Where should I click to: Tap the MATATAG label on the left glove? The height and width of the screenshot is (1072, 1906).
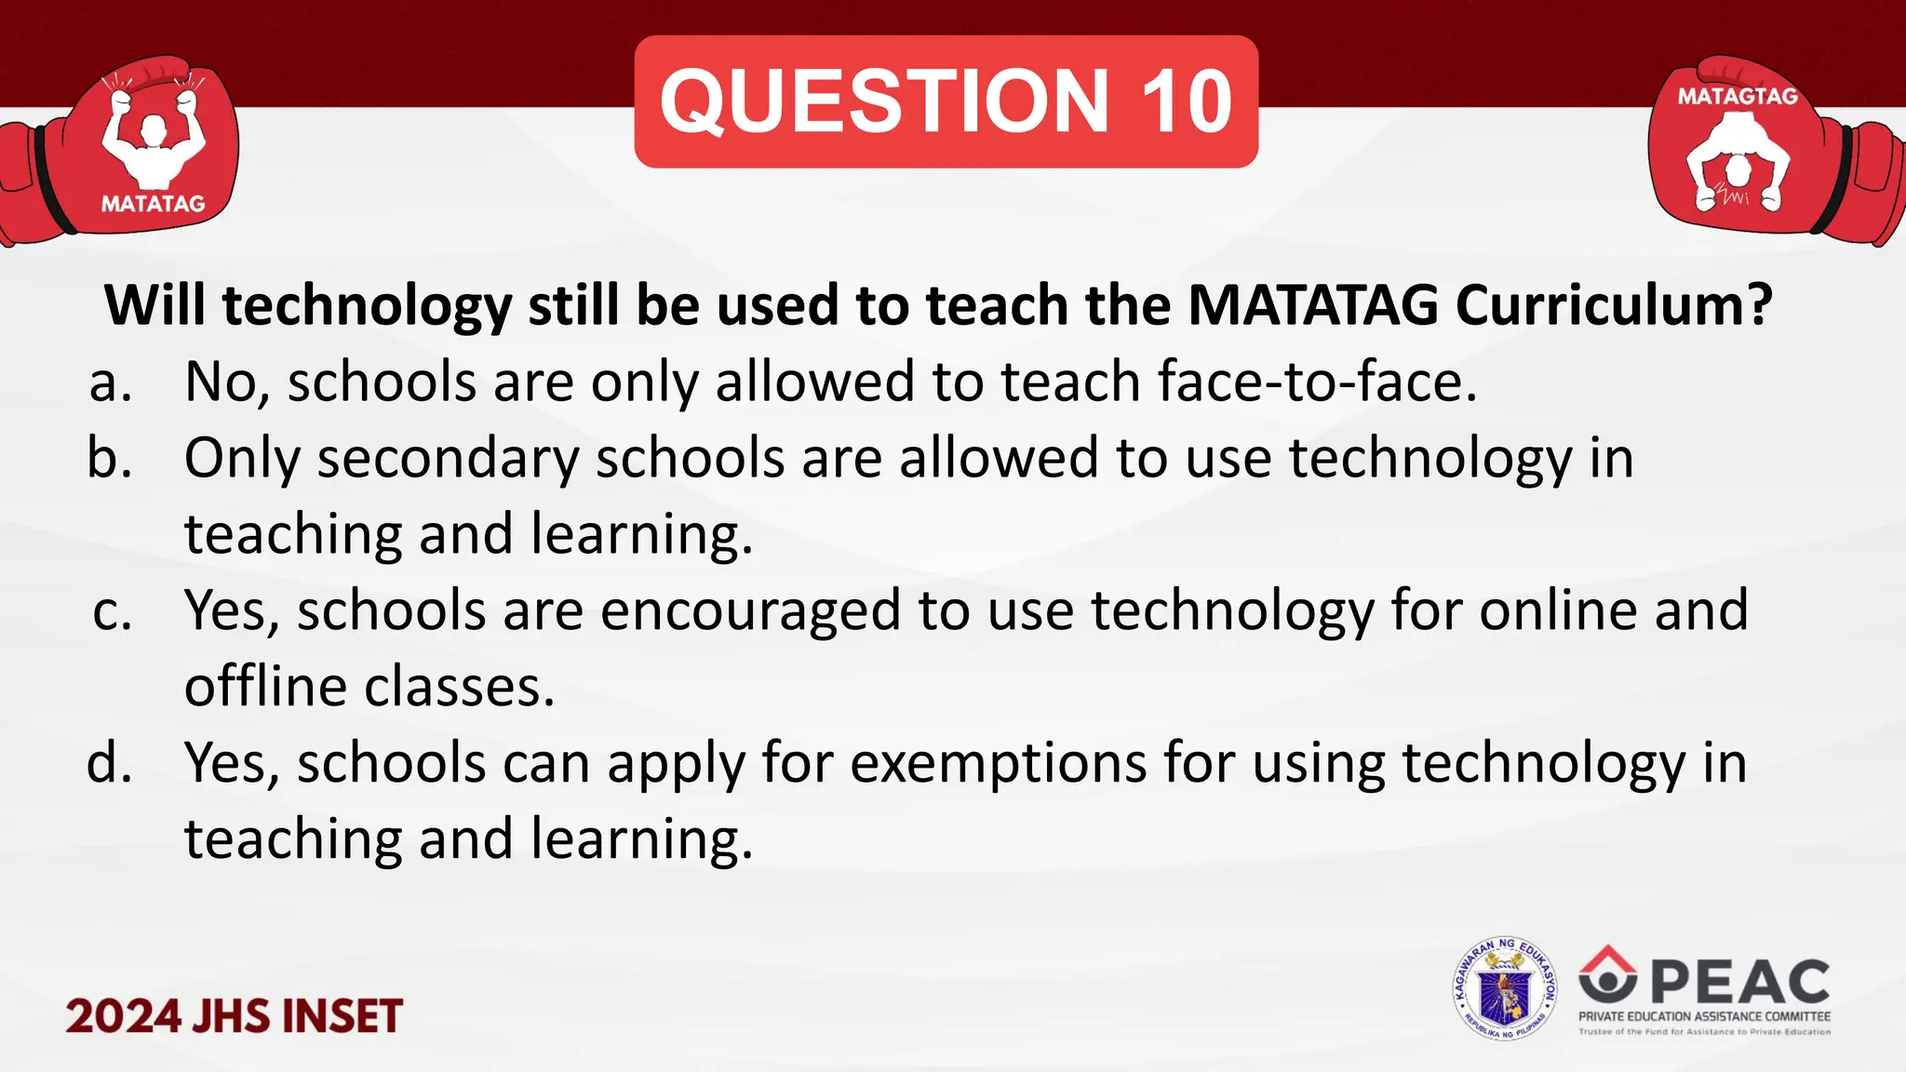(153, 204)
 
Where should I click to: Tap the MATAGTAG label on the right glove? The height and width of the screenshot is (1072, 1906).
(1738, 96)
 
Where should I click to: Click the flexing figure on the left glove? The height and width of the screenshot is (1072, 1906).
(152, 140)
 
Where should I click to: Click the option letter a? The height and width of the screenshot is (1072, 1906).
(110, 382)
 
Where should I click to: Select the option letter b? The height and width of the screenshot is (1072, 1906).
(110, 459)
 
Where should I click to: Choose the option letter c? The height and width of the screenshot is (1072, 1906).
(113, 611)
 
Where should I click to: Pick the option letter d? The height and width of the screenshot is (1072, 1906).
(110, 763)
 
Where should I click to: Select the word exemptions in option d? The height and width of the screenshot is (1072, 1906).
(998, 763)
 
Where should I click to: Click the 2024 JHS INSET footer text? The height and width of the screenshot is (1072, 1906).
(234, 1015)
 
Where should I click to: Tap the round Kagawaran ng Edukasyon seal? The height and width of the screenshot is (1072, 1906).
(1504, 988)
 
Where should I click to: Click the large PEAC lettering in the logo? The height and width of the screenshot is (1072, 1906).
(1739, 982)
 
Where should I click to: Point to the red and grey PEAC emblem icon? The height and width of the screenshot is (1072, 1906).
(1607, 972)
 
